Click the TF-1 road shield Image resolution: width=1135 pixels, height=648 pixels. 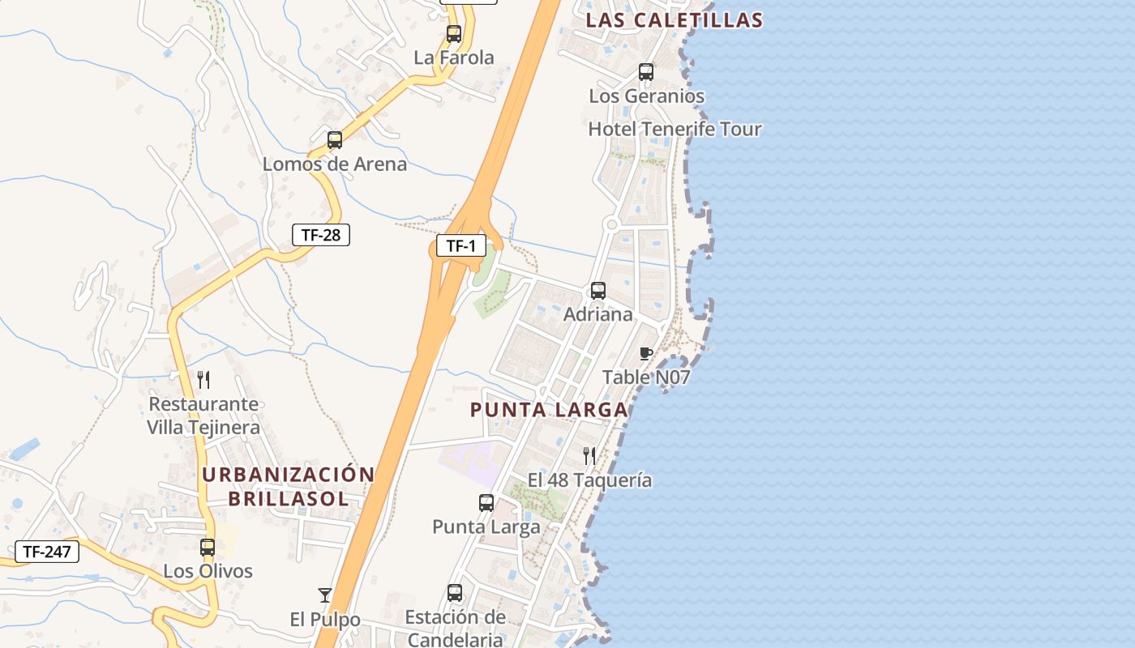click(461, 245)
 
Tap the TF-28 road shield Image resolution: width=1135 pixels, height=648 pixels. click(321, 236)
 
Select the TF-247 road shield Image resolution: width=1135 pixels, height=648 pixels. click(47, 552)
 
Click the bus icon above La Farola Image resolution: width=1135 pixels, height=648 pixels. click(454, 34)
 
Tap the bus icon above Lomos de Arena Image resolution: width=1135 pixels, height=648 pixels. click(335, 140)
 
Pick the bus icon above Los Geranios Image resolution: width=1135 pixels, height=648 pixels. click(646, 72)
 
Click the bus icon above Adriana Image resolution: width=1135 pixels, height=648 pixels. click(598, 291)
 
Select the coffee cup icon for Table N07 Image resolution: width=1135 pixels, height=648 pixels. click(646, 353)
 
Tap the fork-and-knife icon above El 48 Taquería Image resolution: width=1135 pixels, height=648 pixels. click(589, 456)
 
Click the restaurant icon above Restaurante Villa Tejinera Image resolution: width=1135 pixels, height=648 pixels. click(203, 379)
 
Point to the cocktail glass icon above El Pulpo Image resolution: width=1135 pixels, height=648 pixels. click(325, 596)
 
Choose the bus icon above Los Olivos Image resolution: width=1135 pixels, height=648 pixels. click(208, 548)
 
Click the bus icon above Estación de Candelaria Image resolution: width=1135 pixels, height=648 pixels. click(455, 593)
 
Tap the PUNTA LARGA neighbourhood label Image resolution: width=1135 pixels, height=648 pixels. click(549, 410)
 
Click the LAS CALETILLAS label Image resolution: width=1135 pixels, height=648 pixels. click(675, 20)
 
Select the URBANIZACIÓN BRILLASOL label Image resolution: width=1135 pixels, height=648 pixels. click(289, 486)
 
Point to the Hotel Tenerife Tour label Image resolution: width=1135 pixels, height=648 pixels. click(675, 129)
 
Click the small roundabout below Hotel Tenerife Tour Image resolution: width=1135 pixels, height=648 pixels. click(612, 224)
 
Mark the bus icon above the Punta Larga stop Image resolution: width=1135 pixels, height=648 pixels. click(486, 503)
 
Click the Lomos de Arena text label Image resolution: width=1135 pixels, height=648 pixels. click(335, 164)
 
